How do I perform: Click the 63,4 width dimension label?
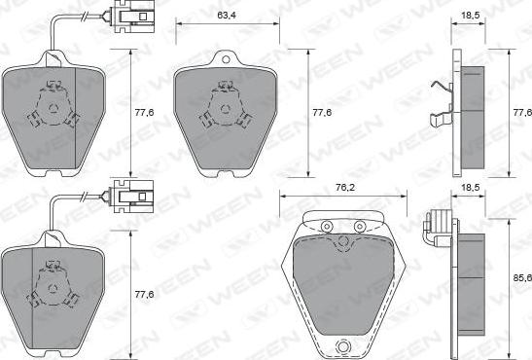click(227, 16)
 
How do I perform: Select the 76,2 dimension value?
click(345, 187)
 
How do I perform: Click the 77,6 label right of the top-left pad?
click(144, 112)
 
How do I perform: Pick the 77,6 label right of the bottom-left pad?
click(144, 294)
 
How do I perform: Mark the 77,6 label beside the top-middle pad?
click(322, 112)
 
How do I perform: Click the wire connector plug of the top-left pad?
click(133, 17)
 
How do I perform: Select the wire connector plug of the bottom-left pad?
click(133, 197)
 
